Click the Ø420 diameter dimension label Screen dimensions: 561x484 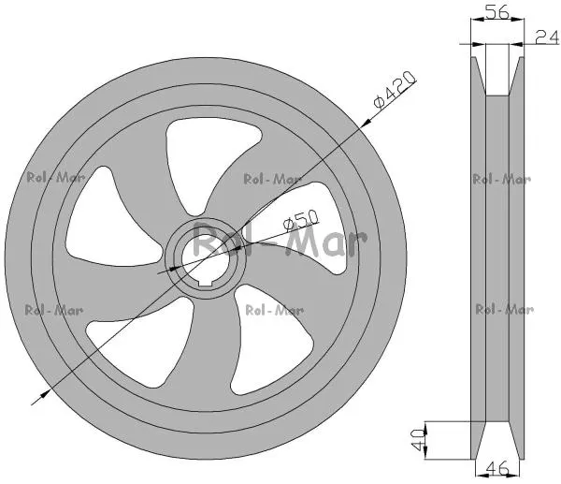point(395,90)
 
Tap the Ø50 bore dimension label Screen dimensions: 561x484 point(300,220)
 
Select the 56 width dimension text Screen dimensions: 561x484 point(498,13)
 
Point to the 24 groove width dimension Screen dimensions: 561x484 point(547,37)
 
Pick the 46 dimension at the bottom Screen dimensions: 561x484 point(496,468)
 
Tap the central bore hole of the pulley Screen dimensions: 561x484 point(204,258)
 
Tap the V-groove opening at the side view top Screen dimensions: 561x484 point(497,75)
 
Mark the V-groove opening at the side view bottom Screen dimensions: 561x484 point(497,441)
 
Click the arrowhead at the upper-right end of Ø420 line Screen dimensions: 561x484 point(366,123)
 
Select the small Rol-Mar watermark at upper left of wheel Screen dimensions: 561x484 point(55,177)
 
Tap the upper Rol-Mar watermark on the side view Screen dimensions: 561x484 point(501,179)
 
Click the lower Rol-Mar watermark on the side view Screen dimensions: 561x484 point(505,309)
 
